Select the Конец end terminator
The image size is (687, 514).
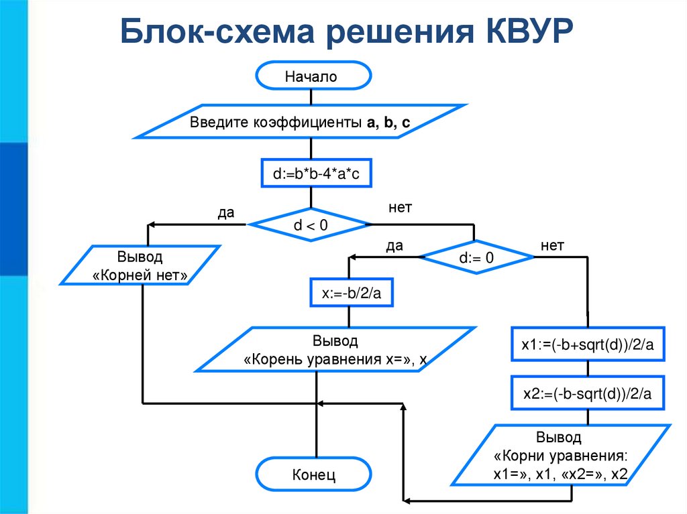pyautogui.click(x=313, y=474)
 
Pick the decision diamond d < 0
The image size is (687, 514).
pyautogui.click(x=311, y=225)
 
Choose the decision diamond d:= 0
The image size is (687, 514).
pyautogui.click(x=476, y=258)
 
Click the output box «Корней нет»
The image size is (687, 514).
pyautogui.click(x=140, y=265)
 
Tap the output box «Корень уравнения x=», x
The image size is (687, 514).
pyautogui.click(x=335, y=350)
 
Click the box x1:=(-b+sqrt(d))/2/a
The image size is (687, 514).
pyautogui.click(x=588, y=344)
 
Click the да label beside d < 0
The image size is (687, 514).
pyautogui.click(x=226, y=213)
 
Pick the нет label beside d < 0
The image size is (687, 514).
pyautogui.click(x=400, y=208)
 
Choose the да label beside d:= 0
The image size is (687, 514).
pyautogui.click(x=394, y=246)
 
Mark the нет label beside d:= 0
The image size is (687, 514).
pyautogui.click(x=552, y=245)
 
